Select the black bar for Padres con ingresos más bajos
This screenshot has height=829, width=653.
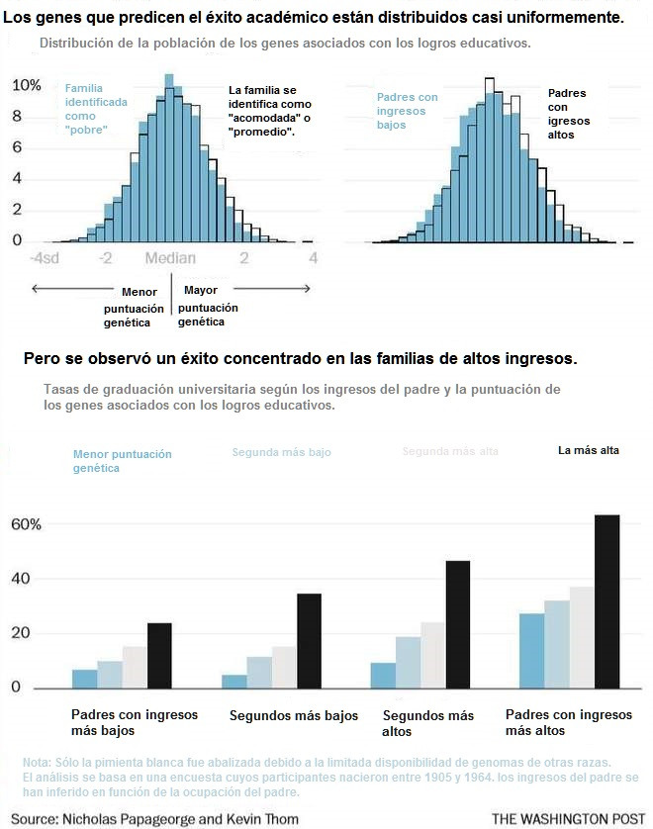click(159, 655)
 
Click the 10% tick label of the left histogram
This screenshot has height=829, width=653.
click(26, 85)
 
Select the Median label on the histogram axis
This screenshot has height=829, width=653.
click(170, 258)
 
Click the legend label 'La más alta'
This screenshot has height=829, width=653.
click(589, 451)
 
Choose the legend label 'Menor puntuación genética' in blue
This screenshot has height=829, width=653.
click(122, 461)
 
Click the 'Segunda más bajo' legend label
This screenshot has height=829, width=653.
click(281, 452)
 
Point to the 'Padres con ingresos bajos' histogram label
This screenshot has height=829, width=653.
click(407, 111)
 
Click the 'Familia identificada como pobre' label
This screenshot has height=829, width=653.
click(96, 109)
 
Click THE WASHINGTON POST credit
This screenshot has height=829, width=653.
click(561, 818)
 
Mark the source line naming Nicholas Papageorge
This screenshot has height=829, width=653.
click(155, 818)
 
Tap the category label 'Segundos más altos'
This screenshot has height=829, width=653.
click(427, 723)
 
